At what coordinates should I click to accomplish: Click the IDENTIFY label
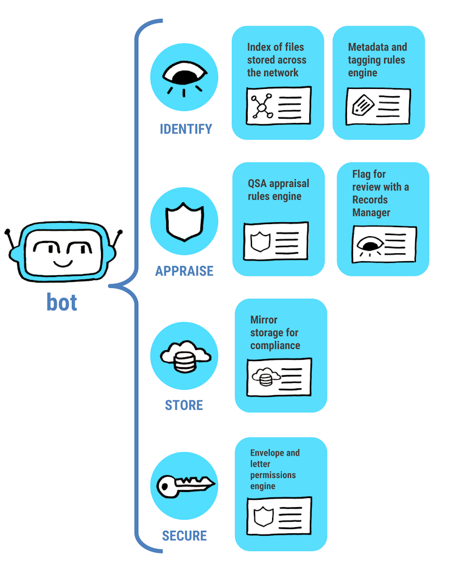point(186,129)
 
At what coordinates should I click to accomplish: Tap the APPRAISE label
point(184,272)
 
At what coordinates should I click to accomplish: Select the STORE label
point(184,405)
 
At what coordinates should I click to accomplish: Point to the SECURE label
point(184,536)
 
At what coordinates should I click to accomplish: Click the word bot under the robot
point(61,302)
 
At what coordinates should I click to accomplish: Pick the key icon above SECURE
point(184,486)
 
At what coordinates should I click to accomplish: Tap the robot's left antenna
point(10,240)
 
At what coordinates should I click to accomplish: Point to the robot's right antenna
point(116,240)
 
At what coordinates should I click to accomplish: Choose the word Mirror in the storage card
point(264,320)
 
